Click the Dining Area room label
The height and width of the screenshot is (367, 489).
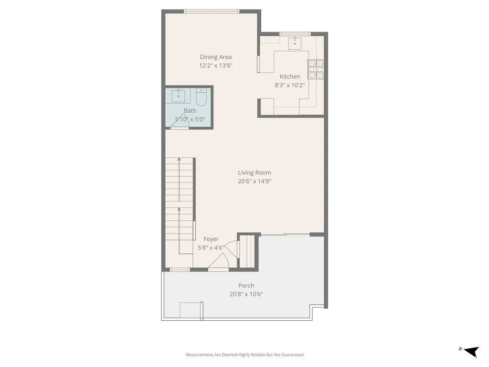click(x=215, y=57)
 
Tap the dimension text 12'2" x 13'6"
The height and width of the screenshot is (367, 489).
click(x=215, y=66)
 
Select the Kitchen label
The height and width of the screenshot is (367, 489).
click(x=290, y=76)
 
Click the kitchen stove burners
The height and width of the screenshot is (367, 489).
click(x=315, y=69)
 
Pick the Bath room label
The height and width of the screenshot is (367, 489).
click(x=190, y=111)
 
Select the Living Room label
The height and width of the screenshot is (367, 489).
click(x=255, y=173)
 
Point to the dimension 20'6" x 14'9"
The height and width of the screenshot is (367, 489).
click(x=255, y=182)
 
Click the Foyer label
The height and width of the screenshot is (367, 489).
click(x=211, y=239)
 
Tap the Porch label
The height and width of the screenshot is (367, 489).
click(x=246, y=286)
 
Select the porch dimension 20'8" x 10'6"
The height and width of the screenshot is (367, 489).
click(x=246, y=294)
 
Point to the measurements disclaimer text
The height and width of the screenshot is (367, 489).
click(x=244, y=355)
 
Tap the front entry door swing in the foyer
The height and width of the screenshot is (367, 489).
click(x=220, y=262)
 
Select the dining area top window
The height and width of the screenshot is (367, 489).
click(x=212, y=11)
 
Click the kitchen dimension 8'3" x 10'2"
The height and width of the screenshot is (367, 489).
click(x=290, y=85)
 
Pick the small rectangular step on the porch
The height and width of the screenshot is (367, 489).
click(x=191, y=310)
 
